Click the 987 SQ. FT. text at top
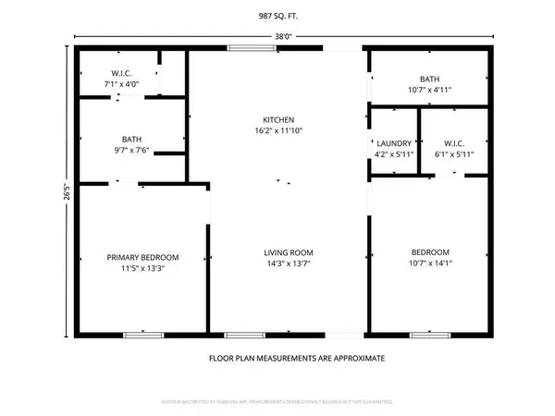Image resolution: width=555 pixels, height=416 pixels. pos(277,15)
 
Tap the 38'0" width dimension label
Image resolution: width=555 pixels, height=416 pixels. pos(283,37)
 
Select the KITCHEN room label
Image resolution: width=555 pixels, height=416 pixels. pos(277,120)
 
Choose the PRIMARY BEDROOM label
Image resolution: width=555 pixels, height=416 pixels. pos(142,257)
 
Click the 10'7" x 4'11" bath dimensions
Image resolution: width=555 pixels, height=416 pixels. pos(429,90)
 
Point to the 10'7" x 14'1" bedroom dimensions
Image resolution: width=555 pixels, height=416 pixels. pos(430,263)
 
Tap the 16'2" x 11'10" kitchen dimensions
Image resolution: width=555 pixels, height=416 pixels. pos(277,131)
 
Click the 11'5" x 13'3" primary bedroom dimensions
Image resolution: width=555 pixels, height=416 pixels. pos(142,268)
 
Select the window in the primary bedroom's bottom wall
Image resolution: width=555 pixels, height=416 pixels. pos(136,334)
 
